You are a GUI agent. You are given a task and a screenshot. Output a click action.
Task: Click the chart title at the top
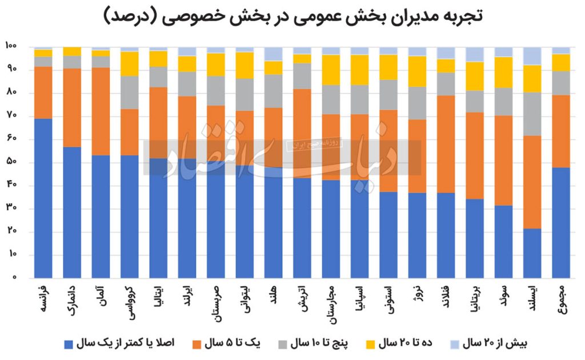click(x=292, y=15)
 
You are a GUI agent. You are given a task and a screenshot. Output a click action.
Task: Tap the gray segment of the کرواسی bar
click(x=130, y=93)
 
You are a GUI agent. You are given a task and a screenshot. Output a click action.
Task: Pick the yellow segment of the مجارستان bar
click(x=331, y=70)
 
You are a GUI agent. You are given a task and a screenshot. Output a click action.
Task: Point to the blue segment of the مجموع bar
click(x=561, y=223)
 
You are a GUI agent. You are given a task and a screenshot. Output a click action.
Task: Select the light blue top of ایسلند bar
click(x=532, y=56)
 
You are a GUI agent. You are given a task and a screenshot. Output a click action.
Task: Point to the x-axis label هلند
click(x=273, y=295)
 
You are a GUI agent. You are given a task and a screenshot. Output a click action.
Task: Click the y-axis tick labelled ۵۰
click(x=11, y=162)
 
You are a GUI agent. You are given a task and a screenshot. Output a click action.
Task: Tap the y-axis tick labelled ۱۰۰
click(x=11, y=46)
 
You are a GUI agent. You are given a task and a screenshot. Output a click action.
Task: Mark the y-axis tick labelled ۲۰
click(x=11, y=232)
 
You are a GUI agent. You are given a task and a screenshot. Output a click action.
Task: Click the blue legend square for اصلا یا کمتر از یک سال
click(x=69, y=343)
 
